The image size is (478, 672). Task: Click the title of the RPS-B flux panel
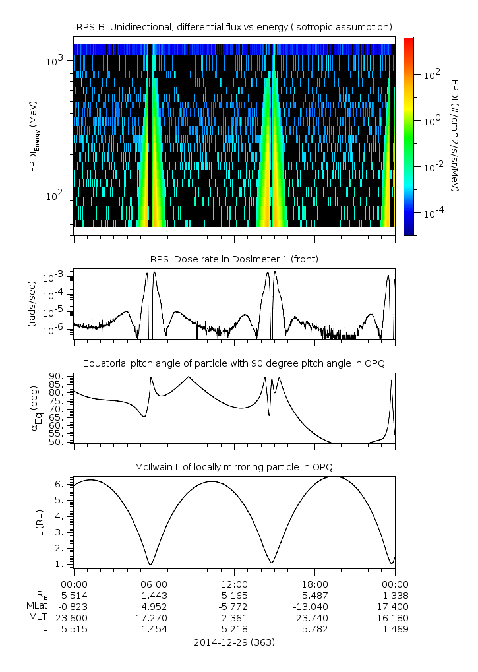click(234, 26)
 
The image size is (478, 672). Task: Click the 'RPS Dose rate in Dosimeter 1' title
click(234, 259)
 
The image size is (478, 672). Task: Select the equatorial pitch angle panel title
click(234, 363)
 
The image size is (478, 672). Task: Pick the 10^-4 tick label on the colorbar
click(432, 213)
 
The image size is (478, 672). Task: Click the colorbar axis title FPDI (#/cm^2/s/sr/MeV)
click(455, 135)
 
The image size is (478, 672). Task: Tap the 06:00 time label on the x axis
click(154, 584)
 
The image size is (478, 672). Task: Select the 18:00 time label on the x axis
click(314, 584)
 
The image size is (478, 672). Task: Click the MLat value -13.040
click(314, 606)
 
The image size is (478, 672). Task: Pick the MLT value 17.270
click(154, 618)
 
